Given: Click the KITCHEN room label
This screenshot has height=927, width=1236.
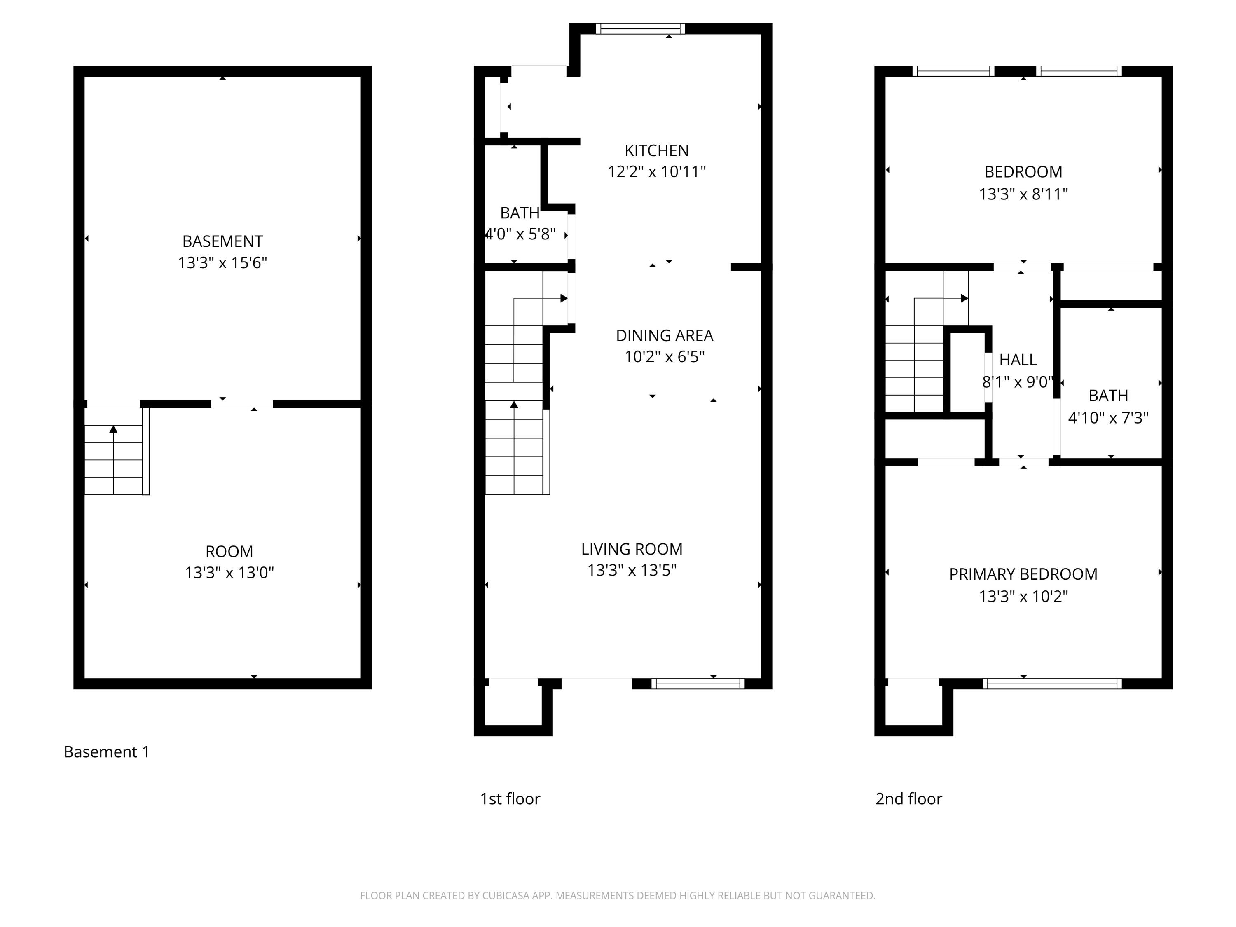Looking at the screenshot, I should (657, 150).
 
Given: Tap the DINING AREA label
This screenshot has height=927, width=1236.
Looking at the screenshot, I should (665, 335).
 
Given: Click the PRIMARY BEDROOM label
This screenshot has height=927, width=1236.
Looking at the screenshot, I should (1023, 574).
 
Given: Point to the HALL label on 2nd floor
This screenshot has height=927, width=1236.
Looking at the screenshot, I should (1018, 360).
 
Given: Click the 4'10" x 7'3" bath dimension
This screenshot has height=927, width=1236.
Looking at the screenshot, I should (1108, 418).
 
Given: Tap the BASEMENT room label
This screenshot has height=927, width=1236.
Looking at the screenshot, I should (222, 241).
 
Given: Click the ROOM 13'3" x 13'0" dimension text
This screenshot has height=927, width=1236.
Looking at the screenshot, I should (229, 573).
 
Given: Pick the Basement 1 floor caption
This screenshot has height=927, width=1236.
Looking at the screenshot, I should (107, 752).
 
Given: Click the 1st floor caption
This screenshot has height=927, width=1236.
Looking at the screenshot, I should (510, 799).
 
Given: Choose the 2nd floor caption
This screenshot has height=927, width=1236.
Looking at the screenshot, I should (908, 799).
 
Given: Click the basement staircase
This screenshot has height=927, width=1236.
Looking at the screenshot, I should (114, 458).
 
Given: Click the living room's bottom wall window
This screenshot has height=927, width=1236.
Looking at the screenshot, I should (698, 684).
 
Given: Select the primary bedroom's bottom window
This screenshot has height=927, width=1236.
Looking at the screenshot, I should (1051, 684).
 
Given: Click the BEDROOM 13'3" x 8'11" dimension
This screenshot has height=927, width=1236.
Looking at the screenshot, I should (1023, 194).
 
